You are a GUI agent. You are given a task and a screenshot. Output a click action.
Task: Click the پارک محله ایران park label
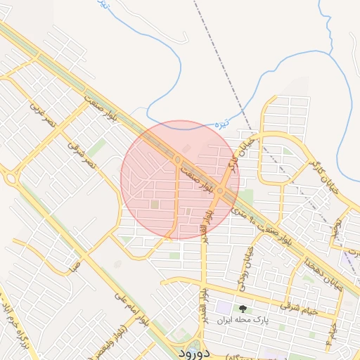(243, 320)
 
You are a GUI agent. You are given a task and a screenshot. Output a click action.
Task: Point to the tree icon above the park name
(243, 309)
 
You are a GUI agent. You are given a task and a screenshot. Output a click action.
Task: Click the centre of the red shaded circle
(180, 179)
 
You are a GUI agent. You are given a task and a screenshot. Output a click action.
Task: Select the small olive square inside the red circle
(155, 205)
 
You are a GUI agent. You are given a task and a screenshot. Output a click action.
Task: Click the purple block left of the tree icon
(224, 307)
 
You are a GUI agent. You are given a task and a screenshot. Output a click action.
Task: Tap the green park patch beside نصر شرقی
(96, 147)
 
